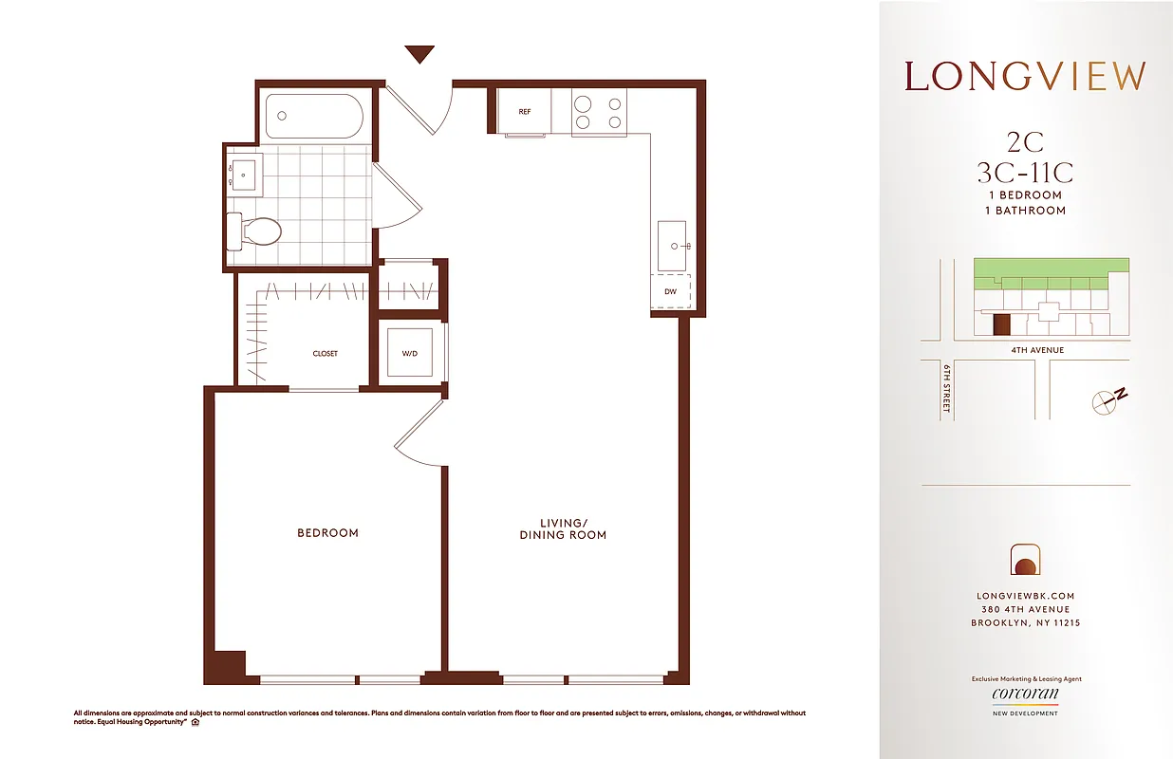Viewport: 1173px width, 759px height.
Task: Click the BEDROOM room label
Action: (327, 533)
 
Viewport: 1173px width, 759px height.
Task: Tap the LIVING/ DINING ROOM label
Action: (563, 528)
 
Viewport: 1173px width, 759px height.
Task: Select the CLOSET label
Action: (325, 354)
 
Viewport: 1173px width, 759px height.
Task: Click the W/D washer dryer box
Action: (410, 354)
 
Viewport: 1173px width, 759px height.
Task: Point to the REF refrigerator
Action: (524, 112)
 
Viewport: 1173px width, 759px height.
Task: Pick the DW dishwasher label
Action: (670, 292)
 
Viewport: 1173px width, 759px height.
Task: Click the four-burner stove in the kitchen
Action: (599, 112)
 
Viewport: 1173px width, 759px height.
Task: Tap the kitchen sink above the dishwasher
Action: (674, 246)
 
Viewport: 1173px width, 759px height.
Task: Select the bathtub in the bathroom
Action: (314, 118)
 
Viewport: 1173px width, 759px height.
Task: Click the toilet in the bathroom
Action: (255, 231)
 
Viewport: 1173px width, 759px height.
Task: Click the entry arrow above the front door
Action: (419, 55)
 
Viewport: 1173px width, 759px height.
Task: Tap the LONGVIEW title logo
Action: (1025, 77)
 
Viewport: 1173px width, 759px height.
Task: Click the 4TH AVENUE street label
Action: (1037, 350)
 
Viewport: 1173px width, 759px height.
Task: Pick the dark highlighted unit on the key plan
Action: (1000, 325)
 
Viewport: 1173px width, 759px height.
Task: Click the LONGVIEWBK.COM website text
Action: (1025, 596)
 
